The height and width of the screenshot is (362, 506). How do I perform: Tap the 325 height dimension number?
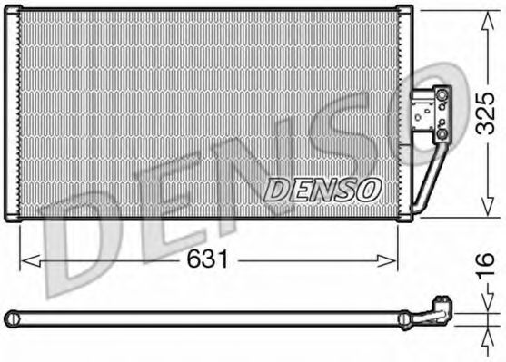(484, 113)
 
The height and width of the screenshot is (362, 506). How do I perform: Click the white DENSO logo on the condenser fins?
(322, 188)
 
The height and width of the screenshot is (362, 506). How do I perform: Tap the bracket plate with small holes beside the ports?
(424, 113)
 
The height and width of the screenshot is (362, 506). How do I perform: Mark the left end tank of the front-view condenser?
(13, 113)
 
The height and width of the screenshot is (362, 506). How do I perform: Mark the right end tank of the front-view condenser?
(405, 113)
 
